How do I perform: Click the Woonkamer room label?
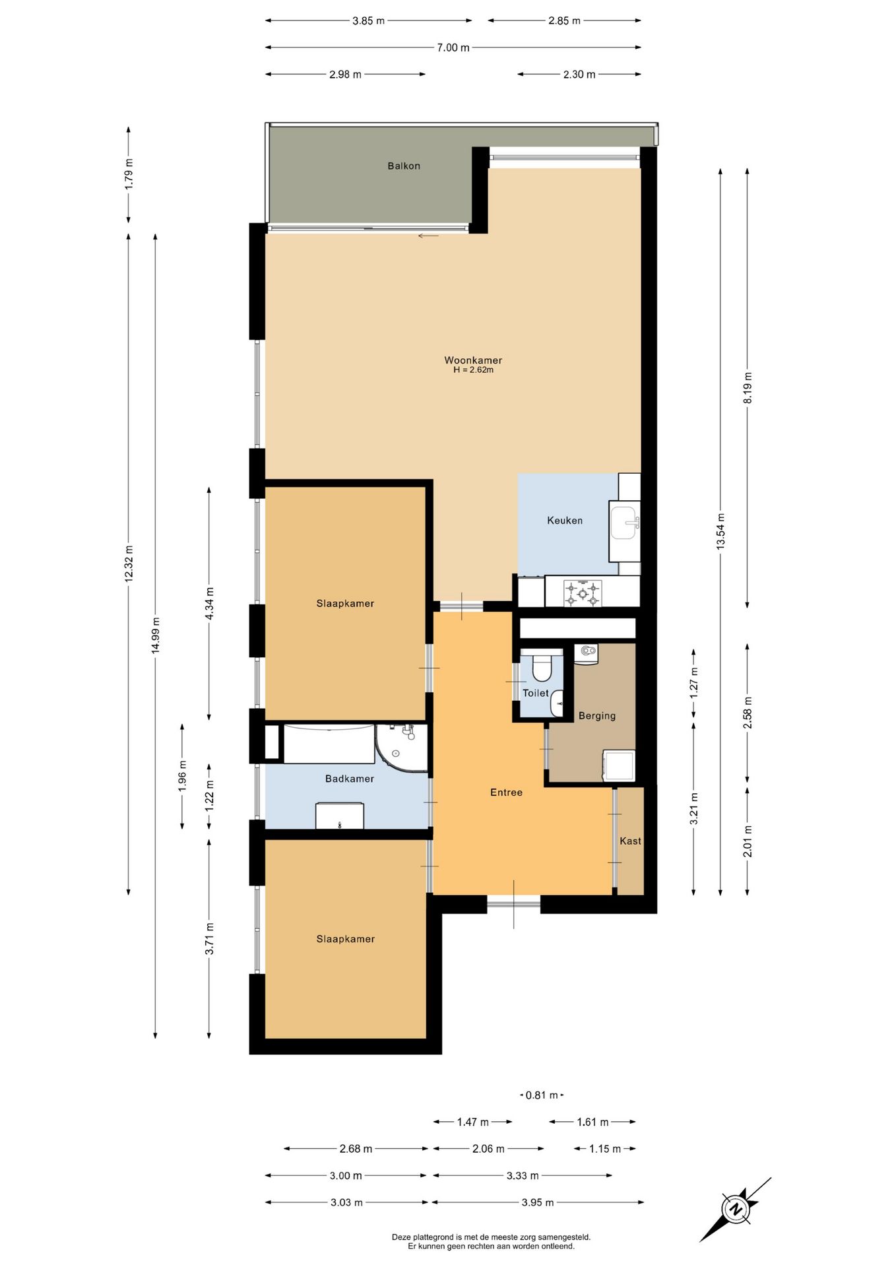[473, 360]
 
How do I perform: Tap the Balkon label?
[404, 166]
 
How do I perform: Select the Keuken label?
[565, 521]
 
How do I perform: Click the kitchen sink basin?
[624, 523]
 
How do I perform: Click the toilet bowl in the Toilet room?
[542, 667]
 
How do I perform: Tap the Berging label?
[597, 716]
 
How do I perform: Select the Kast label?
[630, 841]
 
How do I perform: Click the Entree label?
[506, 793]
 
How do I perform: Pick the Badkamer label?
[350, 779]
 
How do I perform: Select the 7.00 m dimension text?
[453, 48]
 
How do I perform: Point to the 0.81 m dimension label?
[542, 1095]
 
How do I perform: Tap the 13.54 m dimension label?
[720, 531]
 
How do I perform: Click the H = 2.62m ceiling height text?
[473, 370]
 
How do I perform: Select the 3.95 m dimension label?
[538, 1202]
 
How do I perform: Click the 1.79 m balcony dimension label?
[129, 174]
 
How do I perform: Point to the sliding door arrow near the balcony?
[428, 236]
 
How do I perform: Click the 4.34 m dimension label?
[209, 604]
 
